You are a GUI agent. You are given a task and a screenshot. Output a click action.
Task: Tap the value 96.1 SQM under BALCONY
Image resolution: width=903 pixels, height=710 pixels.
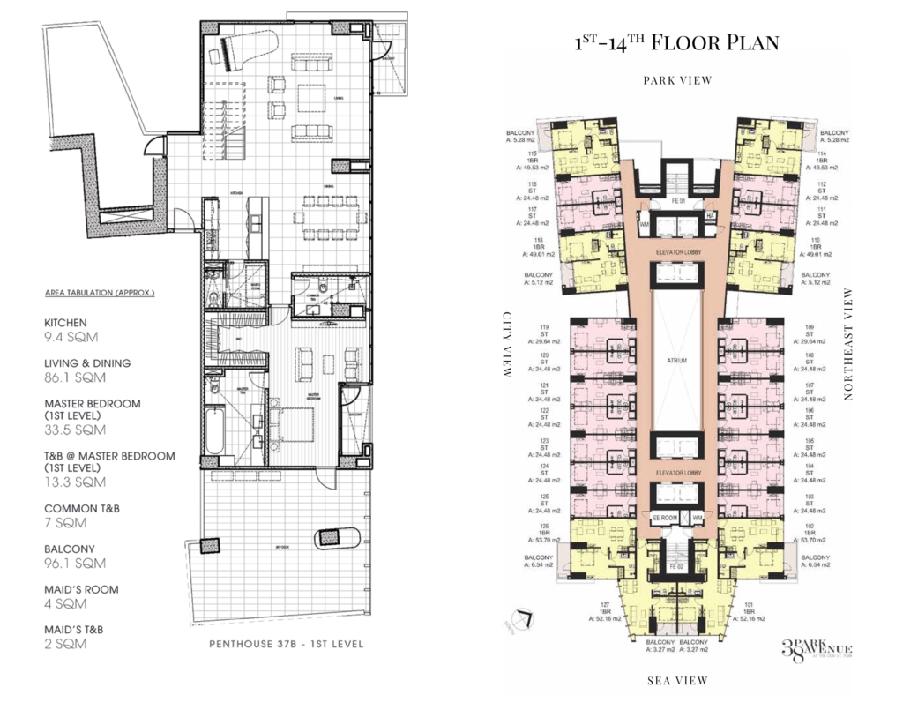coord(74,563)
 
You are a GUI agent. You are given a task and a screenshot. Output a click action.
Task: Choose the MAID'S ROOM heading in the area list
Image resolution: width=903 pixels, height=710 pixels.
coord(81,589)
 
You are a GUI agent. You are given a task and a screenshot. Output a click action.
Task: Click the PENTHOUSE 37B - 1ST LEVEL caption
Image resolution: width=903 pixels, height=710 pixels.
coord(286,644)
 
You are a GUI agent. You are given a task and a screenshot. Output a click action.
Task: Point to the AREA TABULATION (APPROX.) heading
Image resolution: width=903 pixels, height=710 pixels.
coord(100,292)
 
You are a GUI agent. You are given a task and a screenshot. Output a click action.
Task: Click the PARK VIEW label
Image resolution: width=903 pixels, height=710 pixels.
coord(677,80)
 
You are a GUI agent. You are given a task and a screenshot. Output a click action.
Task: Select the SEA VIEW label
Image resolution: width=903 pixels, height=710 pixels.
coord(677,680)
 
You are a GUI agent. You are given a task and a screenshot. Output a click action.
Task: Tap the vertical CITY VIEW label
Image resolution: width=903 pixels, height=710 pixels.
coord(507,344)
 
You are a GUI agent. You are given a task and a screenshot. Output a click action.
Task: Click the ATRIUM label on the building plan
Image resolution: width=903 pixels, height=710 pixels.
coord(676,361)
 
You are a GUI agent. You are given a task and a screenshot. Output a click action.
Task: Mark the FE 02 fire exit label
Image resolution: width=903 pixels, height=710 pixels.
coord(676,565)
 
